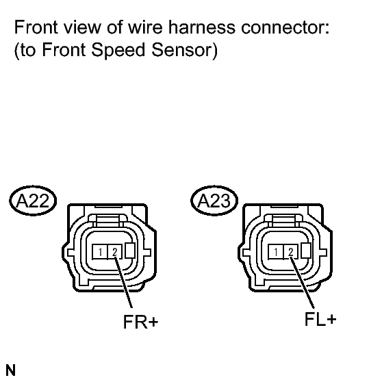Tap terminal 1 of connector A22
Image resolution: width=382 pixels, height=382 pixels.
tap(100, 252)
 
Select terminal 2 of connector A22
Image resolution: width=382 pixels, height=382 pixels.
tap(115, 252)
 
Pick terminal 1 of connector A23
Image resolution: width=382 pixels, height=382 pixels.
tap(275, 252)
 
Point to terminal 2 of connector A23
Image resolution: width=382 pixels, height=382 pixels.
tap(291, 252)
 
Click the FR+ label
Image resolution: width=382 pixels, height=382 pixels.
tap(141, 322)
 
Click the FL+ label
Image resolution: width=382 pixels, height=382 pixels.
tap(320, 319)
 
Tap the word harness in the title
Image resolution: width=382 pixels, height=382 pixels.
tap(202, 27)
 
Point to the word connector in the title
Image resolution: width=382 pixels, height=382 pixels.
tap(285, 27)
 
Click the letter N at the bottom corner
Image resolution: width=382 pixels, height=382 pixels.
tap(10, 370)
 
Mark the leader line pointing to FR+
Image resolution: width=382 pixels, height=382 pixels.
tap(123, 282)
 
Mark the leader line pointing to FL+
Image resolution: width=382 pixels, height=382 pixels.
tap(302, 283)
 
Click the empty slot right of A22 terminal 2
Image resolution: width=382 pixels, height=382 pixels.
tap(130, 251)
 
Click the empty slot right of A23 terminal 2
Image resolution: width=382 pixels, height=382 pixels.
tap(306, 251)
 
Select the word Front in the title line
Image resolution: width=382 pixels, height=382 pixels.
tap(36, 27)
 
